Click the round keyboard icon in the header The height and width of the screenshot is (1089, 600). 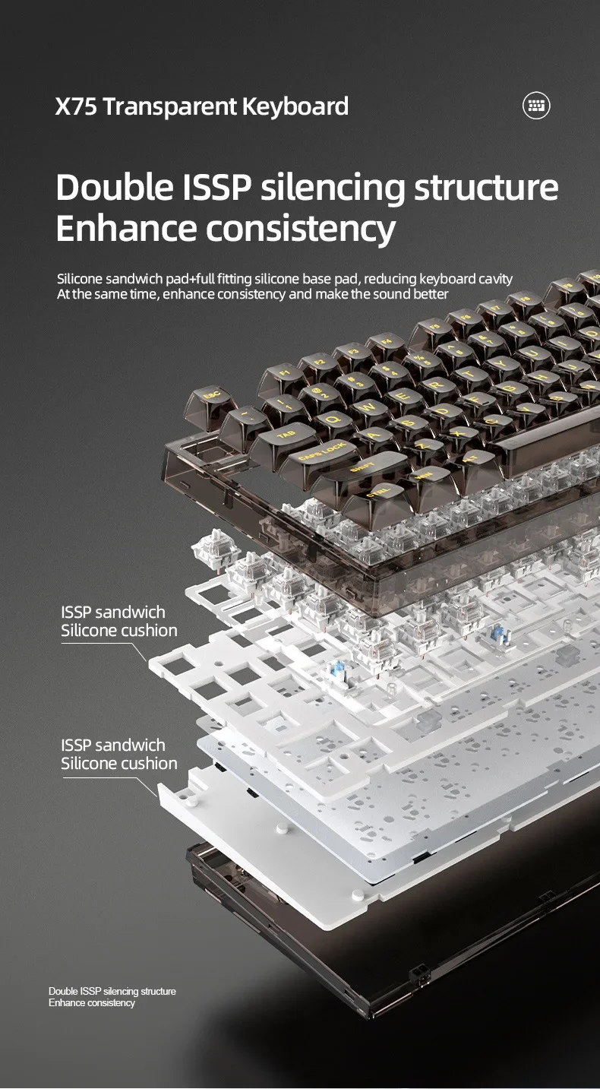coord(536,105)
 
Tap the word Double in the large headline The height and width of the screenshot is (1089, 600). coord(114,187)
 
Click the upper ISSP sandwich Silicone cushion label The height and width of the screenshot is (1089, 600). coord(119,622)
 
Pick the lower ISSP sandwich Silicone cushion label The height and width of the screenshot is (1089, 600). coord(119,754)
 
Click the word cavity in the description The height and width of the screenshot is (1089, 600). coord(495,280)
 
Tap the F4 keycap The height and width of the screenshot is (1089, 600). coord(387,342)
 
